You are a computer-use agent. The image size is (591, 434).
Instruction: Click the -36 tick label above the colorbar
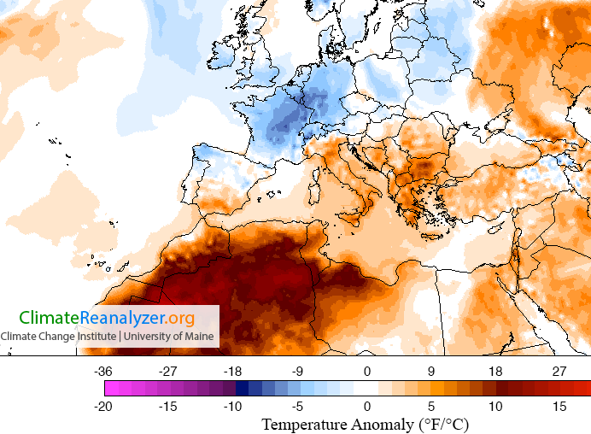pos(104,371)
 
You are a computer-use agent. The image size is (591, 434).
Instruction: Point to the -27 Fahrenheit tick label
pos(168,371)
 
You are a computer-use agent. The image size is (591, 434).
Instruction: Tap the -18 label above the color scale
pos(232,371)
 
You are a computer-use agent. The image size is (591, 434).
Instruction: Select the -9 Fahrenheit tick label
pos(299,371)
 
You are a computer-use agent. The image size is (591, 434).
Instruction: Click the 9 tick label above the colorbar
pos(431,371)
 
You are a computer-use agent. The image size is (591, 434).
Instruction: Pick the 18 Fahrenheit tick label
pos(495,371)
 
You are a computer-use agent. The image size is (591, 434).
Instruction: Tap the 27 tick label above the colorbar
pos(559,371)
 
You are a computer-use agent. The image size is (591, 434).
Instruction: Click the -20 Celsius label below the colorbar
pos(104,407)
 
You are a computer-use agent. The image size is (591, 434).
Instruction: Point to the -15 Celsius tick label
pos(168,407)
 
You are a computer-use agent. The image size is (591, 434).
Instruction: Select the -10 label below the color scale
pos(232,407)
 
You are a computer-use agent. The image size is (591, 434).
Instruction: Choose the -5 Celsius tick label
pos(299,407)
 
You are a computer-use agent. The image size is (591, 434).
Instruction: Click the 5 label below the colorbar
pos(431,407)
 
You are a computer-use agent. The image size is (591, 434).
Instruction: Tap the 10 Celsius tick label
pos(495,407)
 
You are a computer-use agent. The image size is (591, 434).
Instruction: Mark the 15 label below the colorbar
pos(559,407)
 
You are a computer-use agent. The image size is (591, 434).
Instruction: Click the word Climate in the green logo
pos(50,319)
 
